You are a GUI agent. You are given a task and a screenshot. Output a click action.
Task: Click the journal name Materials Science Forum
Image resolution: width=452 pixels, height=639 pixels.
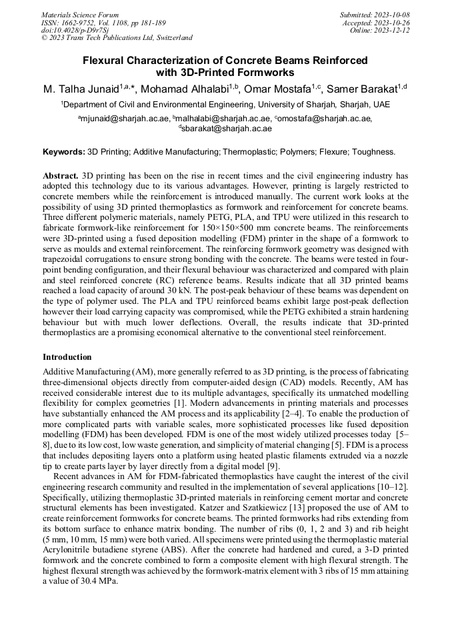coord(80,15)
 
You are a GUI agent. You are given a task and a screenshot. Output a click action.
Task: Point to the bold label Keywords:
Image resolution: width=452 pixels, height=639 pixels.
coord(64,152)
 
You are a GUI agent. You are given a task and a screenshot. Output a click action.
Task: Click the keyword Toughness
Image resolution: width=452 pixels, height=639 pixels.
coord(374,152)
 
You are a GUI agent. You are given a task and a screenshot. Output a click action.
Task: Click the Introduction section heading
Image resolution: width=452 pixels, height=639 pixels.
coord(67,357)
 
